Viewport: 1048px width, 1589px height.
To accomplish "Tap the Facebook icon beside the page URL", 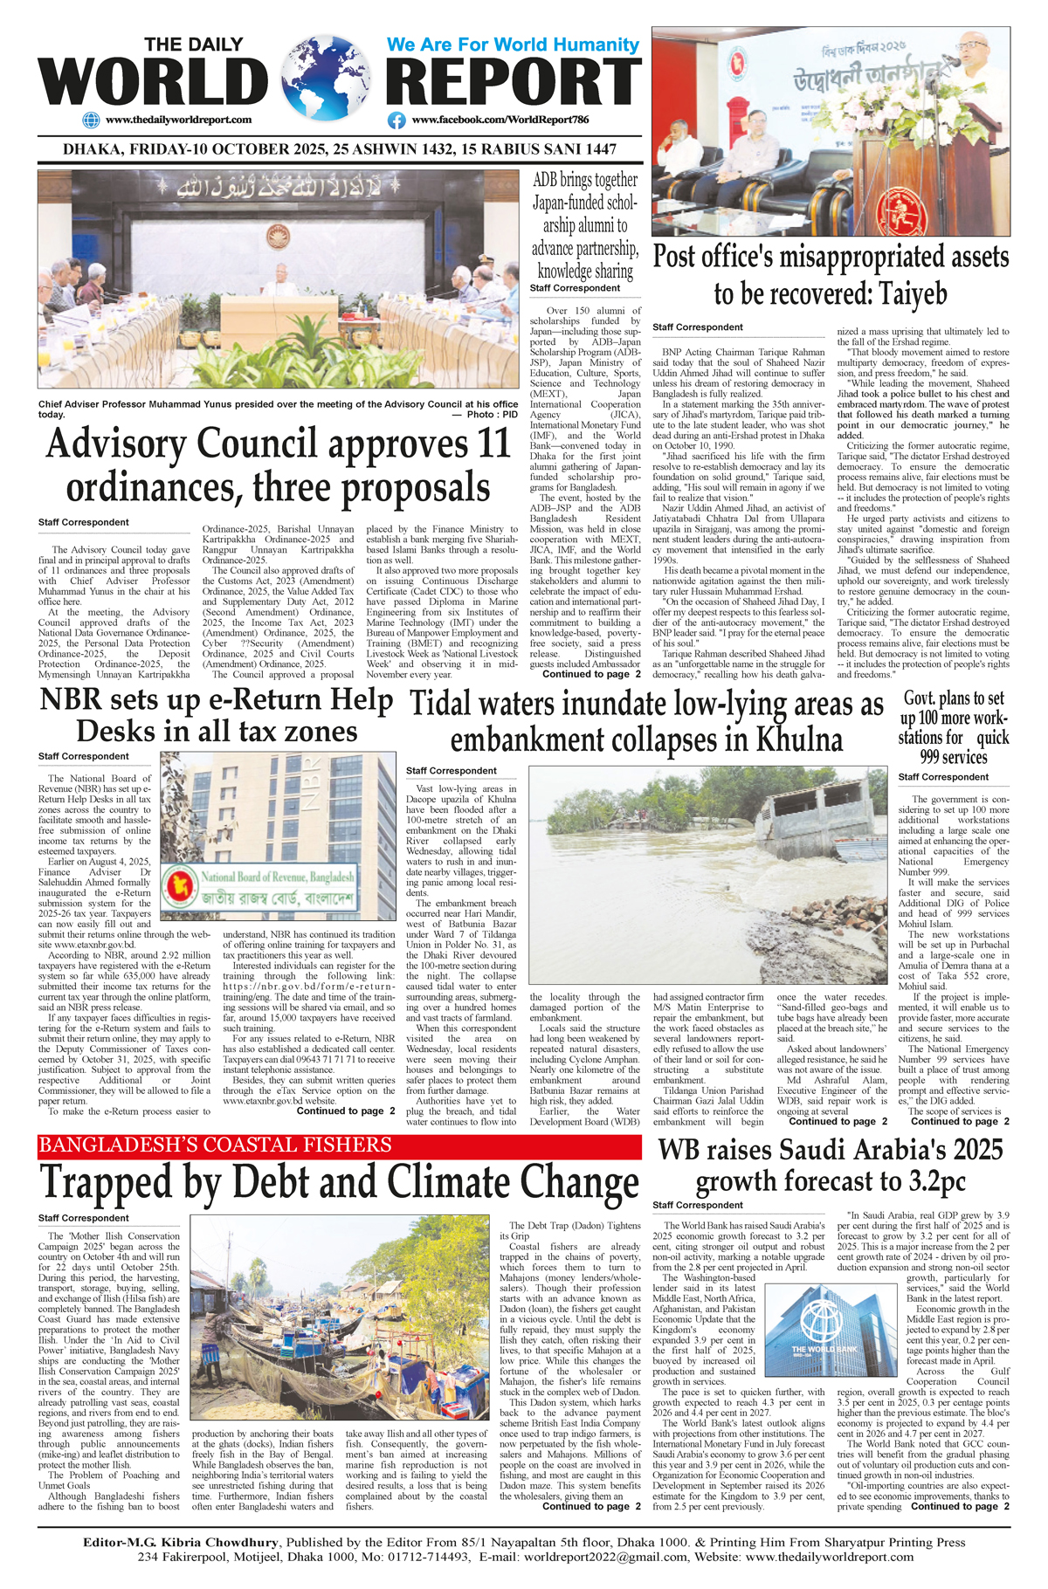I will tap(396, 120).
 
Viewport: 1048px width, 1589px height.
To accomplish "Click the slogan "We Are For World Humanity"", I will tap(513, 45).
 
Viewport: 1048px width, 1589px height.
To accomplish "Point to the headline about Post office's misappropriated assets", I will tap(831, 275).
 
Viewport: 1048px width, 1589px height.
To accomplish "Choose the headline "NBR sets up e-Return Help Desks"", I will tap(217, 715).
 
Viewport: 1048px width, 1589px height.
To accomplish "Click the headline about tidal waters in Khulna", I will tap(647, 722).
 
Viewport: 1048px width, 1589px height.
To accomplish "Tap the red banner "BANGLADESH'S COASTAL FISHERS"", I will tap(216, 1145).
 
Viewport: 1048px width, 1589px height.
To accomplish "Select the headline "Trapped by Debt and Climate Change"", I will tap(340, 1183).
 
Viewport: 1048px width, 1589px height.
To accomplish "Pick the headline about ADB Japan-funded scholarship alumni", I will tap(585, 225).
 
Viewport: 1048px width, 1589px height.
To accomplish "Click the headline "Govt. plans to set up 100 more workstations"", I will tap(954, 727).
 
